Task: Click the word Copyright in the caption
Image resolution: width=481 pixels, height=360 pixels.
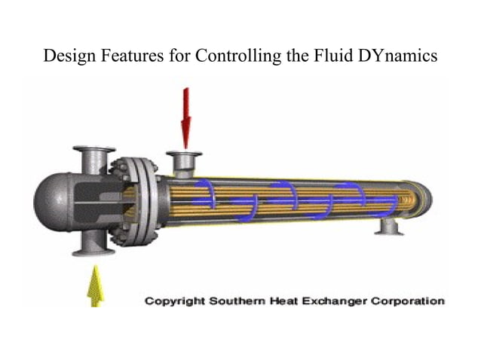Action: (176, 301)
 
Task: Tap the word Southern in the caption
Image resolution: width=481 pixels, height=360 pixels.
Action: (242, 301)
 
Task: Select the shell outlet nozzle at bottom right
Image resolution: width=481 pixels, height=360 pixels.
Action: (390, 225)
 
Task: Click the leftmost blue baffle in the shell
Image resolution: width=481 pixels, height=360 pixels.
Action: (207, 194)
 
